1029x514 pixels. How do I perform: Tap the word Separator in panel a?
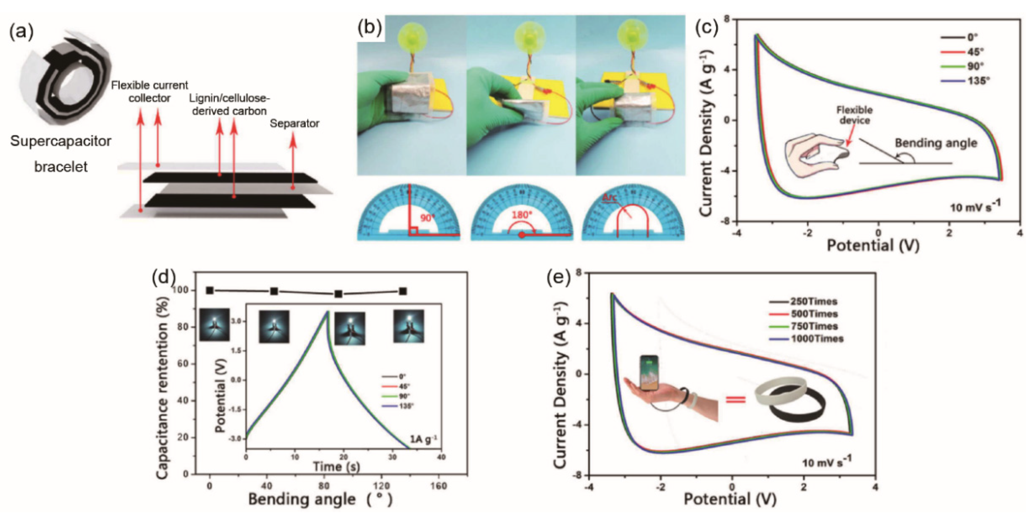click(294, 124)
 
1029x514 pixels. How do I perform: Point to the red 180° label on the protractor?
click(522, 215)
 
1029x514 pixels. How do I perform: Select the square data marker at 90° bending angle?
click(338, 294)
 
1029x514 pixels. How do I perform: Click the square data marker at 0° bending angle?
click(210, 291)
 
